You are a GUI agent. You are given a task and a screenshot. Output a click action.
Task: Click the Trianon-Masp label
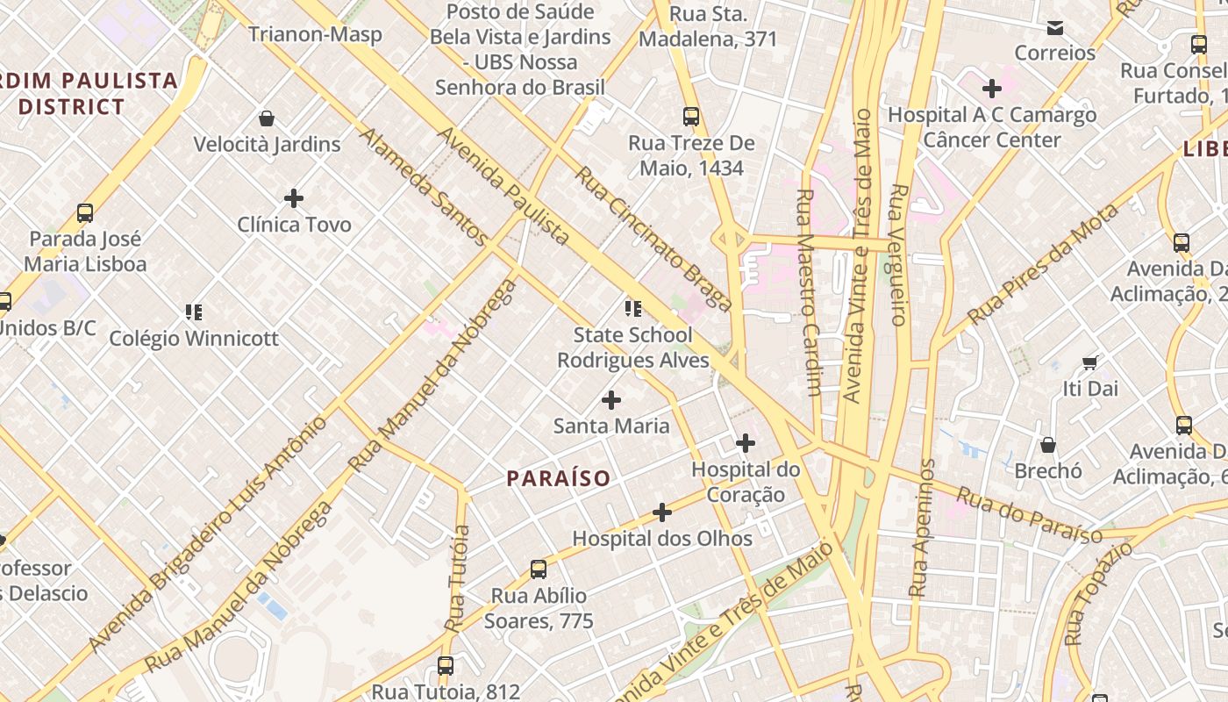[315, 34]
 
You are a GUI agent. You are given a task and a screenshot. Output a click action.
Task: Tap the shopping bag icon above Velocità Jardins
[267, 118]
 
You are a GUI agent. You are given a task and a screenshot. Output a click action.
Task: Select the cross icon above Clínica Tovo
[294, 198]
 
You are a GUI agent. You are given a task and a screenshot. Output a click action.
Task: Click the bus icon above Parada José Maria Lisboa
[85, 213]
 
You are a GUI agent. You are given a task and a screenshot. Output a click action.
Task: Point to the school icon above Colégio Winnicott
[194, 312]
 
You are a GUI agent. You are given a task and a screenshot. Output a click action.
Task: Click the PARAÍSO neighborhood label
[559, 478]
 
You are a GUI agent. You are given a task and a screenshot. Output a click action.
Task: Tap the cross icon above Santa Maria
[611, 400]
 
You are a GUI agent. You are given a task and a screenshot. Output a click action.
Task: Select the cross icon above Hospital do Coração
[746, 443]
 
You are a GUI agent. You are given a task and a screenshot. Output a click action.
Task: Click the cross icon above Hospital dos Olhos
[662, 512]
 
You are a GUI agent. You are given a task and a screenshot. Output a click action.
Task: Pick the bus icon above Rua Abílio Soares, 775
[539, 569]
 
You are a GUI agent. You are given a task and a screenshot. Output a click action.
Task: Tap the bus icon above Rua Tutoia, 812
[446, 666]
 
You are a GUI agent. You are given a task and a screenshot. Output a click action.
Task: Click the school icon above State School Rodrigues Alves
[632, 308]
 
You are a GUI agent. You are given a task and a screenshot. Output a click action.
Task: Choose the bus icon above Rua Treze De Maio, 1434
[691, 117]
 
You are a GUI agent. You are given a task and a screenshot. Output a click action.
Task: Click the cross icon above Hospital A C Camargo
[992, 89]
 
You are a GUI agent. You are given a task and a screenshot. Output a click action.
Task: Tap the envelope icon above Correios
[1055, 28]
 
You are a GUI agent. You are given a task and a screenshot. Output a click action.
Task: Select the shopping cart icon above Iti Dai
[1090, 362]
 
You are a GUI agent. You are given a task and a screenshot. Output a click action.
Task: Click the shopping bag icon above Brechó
[1048, 445]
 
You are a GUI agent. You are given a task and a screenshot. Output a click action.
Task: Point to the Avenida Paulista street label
[503, 185]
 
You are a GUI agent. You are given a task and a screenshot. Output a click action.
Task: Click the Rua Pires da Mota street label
[1043, 263]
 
